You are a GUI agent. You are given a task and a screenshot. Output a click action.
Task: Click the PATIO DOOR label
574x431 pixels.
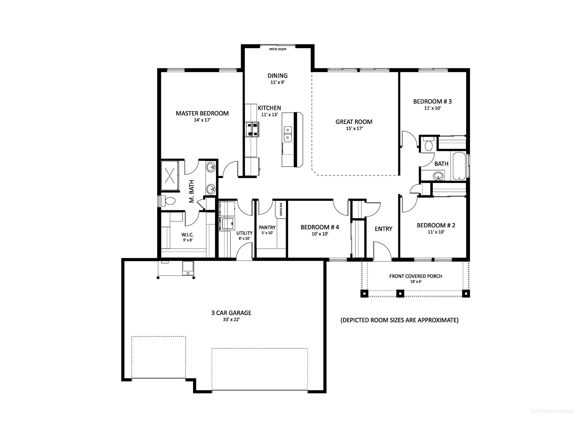pos(277,49)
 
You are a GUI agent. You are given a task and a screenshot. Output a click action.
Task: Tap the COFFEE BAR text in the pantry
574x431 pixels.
pos(281,209)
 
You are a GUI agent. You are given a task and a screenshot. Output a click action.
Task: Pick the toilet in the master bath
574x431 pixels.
pos(169,201)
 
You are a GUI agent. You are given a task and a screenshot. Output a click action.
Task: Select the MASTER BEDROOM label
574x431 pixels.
pos(202,113)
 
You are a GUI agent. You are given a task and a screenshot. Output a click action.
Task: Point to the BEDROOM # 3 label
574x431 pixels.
pos(432,101)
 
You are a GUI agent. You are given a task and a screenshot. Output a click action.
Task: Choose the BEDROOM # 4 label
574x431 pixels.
pos(320,227)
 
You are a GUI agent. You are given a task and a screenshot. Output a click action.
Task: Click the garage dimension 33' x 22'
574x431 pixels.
pos(231,320)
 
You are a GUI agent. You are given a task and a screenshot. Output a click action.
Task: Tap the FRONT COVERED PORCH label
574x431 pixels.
pos(415,276)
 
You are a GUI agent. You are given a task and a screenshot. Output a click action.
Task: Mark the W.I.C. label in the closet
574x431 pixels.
pos(187,235)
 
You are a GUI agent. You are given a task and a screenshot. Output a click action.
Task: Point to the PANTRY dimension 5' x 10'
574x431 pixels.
pos(267,233)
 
